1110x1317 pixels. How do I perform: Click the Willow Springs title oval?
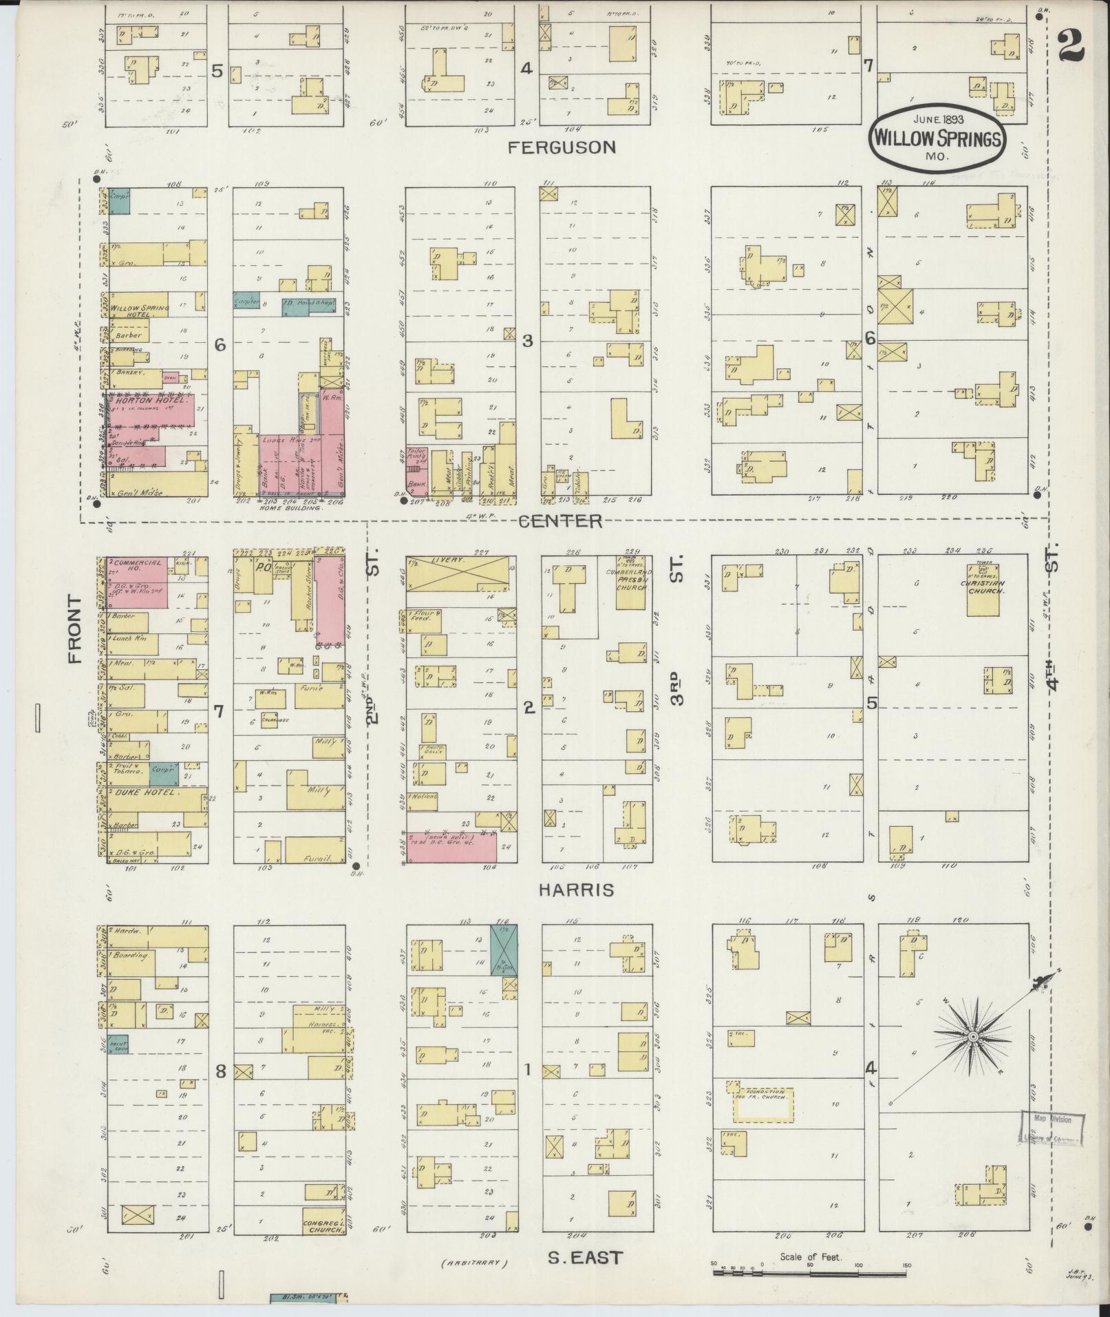tap(937, 138)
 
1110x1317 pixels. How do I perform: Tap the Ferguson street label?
tap(562, 147)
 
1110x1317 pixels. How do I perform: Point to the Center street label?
tap(559, 521)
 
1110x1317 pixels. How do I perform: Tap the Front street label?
tap(74, 629)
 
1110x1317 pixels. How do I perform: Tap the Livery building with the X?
tap(458, 572)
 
